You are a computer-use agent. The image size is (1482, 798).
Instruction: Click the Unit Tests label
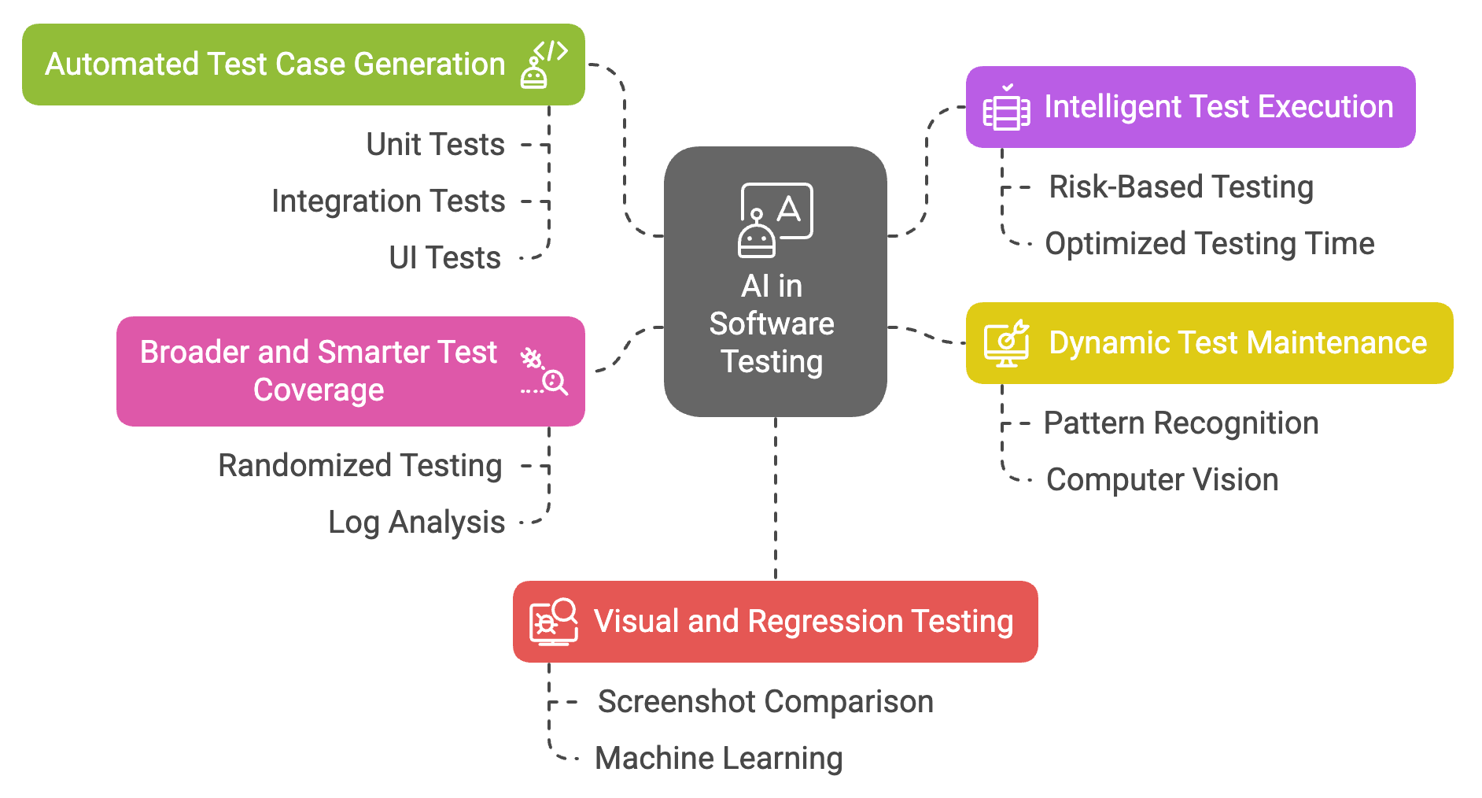435,145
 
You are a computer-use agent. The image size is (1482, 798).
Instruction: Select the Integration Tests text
388,201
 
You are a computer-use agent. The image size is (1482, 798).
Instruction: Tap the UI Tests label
444,258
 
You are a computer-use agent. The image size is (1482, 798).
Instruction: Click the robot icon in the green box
543,65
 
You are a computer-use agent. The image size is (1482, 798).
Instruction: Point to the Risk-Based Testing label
1181,187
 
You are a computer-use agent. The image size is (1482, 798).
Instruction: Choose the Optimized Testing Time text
1209,244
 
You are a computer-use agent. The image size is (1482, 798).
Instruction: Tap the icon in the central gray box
775,220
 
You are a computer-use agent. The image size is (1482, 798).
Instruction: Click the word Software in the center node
772,324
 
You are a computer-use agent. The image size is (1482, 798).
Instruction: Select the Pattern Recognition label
1181,423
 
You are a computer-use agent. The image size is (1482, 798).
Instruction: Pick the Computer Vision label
1162,480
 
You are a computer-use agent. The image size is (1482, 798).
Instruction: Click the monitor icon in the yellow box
1006,343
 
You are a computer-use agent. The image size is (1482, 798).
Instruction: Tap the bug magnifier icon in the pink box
544,371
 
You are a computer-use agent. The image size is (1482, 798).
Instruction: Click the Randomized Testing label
359,466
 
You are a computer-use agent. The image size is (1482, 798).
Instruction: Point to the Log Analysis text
416,523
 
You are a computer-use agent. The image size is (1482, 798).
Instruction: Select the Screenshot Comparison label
765,702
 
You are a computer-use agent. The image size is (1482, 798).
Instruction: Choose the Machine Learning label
718,759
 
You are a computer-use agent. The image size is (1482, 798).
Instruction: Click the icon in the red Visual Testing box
553,622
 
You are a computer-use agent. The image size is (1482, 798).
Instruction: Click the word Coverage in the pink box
319,390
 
